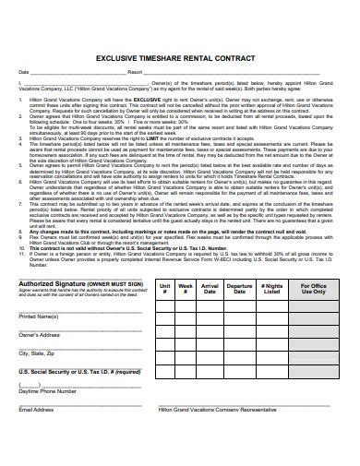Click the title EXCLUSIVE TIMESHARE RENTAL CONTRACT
[180, 55]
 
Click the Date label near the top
[24, 71]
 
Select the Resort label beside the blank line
[135, 71]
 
